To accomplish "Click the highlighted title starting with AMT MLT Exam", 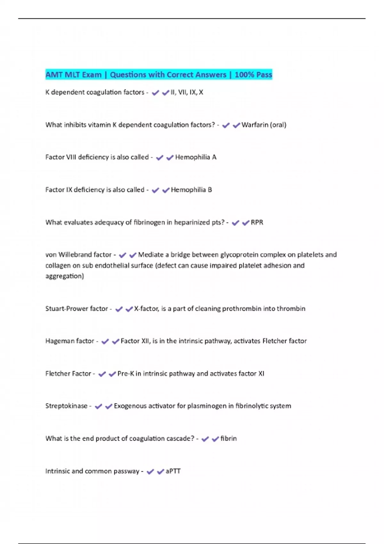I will coord(158,75).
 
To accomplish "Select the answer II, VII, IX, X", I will coord(187,92).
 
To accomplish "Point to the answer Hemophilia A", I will coord(196,157).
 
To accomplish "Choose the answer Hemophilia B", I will coord(191,190).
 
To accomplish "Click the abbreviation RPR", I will coord(257,222).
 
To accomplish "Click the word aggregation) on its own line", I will coord(65,276).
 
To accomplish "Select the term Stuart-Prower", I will coord(67,309).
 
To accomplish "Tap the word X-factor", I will coord(146,309).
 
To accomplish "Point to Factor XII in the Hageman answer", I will coord(134,341).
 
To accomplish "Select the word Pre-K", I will coord(125,374).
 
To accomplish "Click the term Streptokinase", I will coord(66,406).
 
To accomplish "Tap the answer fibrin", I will coord(228,438).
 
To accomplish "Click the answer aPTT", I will coord(173,471).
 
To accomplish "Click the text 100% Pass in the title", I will coord(253,75).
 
